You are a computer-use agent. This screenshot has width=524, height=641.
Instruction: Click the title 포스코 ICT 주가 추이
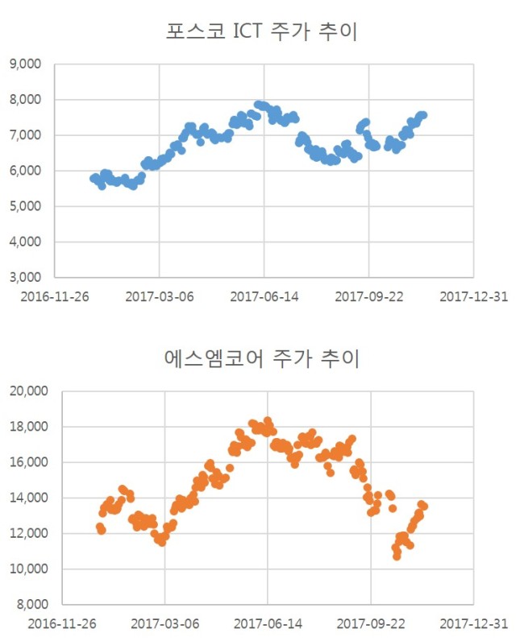click(261, 31)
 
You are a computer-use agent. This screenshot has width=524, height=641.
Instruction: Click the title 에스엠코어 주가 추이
click(261, 358)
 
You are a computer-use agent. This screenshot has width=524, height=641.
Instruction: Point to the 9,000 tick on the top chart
click(25, 64)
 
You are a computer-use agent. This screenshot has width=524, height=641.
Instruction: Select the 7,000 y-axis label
click(25, 135)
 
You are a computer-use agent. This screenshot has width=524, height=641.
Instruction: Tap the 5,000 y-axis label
click(25, 206)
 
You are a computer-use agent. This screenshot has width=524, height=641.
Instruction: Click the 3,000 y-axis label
click(25, 277)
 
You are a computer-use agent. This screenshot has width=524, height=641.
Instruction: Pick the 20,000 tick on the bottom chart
click(29, 391)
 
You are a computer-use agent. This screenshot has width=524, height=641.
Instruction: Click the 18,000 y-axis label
click(29, 426)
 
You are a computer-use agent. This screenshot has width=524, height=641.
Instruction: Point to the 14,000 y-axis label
click(29, 498)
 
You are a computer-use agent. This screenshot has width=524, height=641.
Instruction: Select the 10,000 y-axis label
click(29, 569)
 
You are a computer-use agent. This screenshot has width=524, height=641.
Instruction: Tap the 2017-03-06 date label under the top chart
click(160, 296)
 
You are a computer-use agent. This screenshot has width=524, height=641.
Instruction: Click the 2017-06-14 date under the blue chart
click(264, 296)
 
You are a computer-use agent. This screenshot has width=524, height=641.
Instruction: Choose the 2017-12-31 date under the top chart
click(474, 296)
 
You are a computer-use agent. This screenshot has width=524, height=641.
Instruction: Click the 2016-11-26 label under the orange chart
click(62, 624)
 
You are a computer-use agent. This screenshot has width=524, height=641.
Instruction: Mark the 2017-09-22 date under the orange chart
click(371, 624)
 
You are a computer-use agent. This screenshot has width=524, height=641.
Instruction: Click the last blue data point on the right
click(423, 115)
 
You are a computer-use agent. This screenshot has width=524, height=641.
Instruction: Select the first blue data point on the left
click(94, 178)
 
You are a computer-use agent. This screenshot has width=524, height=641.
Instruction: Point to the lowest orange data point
click(397, 556)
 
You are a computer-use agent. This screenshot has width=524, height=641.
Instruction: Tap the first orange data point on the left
click(100, 527)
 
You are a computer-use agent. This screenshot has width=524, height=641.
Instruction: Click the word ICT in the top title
click(247, 31)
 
